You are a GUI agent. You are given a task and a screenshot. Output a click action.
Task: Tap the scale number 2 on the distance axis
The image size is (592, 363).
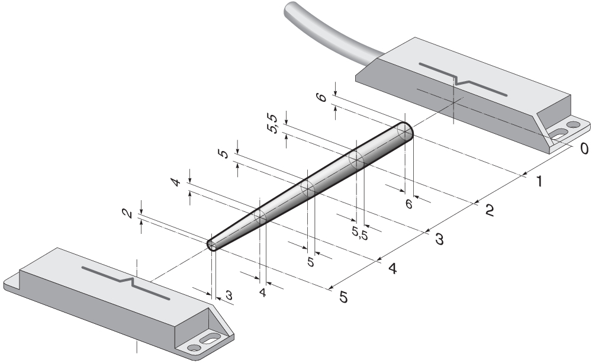(x=490, y=210)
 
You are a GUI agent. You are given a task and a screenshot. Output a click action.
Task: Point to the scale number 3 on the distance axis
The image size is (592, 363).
(x=439, y=239)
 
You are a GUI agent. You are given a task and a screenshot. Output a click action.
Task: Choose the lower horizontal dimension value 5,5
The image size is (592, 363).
(x=359, y=233)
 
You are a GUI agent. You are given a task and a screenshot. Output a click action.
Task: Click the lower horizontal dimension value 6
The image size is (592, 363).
(x=408, y=203)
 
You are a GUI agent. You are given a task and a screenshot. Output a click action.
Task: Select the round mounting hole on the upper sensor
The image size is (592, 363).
(x=572, y=126)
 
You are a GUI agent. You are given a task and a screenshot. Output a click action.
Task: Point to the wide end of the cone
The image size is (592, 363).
(x=404, y=131)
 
